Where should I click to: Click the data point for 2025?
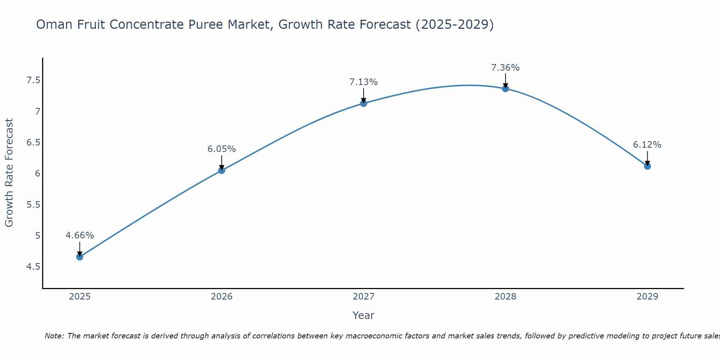[x=80, y=257]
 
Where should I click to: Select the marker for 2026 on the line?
[x=221, y=170]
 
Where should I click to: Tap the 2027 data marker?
[x=364, y=103]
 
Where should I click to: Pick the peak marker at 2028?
[x=505, y=89]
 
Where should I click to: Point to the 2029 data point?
[x=647, y=166]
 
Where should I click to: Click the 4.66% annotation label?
[x=80, y=235]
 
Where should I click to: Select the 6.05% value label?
[x=221, y=149]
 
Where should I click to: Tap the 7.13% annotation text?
[x=364, y=82]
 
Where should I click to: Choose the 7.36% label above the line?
[x=505, y=68]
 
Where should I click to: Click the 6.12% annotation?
[x=647, y=145]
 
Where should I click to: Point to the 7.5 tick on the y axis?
[x=33, y=80]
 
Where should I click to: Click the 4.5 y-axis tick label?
[x=33, y=267]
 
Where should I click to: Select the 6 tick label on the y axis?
[x=37, y=174]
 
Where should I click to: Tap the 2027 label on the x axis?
[x=364, y=297]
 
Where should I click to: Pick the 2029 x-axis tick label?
[x=647, y=297]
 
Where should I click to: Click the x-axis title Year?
[x=364, y=315]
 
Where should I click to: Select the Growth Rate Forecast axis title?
[x=9, y=173]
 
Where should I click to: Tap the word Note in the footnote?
[x=54, y=336]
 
